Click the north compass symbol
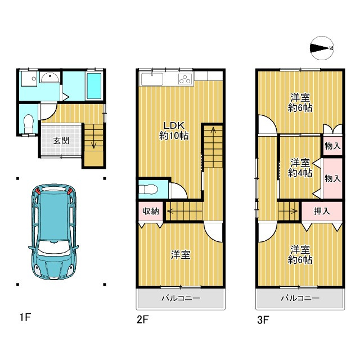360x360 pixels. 322,48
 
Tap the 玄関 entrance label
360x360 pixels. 61,141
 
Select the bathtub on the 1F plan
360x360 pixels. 94,86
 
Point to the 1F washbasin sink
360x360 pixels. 50,77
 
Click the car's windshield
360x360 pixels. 54,247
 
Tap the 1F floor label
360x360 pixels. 25,317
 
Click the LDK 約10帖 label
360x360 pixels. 174,131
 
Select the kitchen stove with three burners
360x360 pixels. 186,78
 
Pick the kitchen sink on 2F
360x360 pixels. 152,79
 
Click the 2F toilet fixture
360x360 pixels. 148,190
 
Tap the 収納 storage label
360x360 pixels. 151,211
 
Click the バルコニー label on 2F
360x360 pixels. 181,298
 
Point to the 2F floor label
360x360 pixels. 142,319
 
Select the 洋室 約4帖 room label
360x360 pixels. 300,168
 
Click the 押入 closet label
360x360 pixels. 322,211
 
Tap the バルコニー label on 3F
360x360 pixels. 300,298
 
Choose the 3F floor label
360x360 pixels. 263,319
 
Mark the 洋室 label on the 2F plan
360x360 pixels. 181,255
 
